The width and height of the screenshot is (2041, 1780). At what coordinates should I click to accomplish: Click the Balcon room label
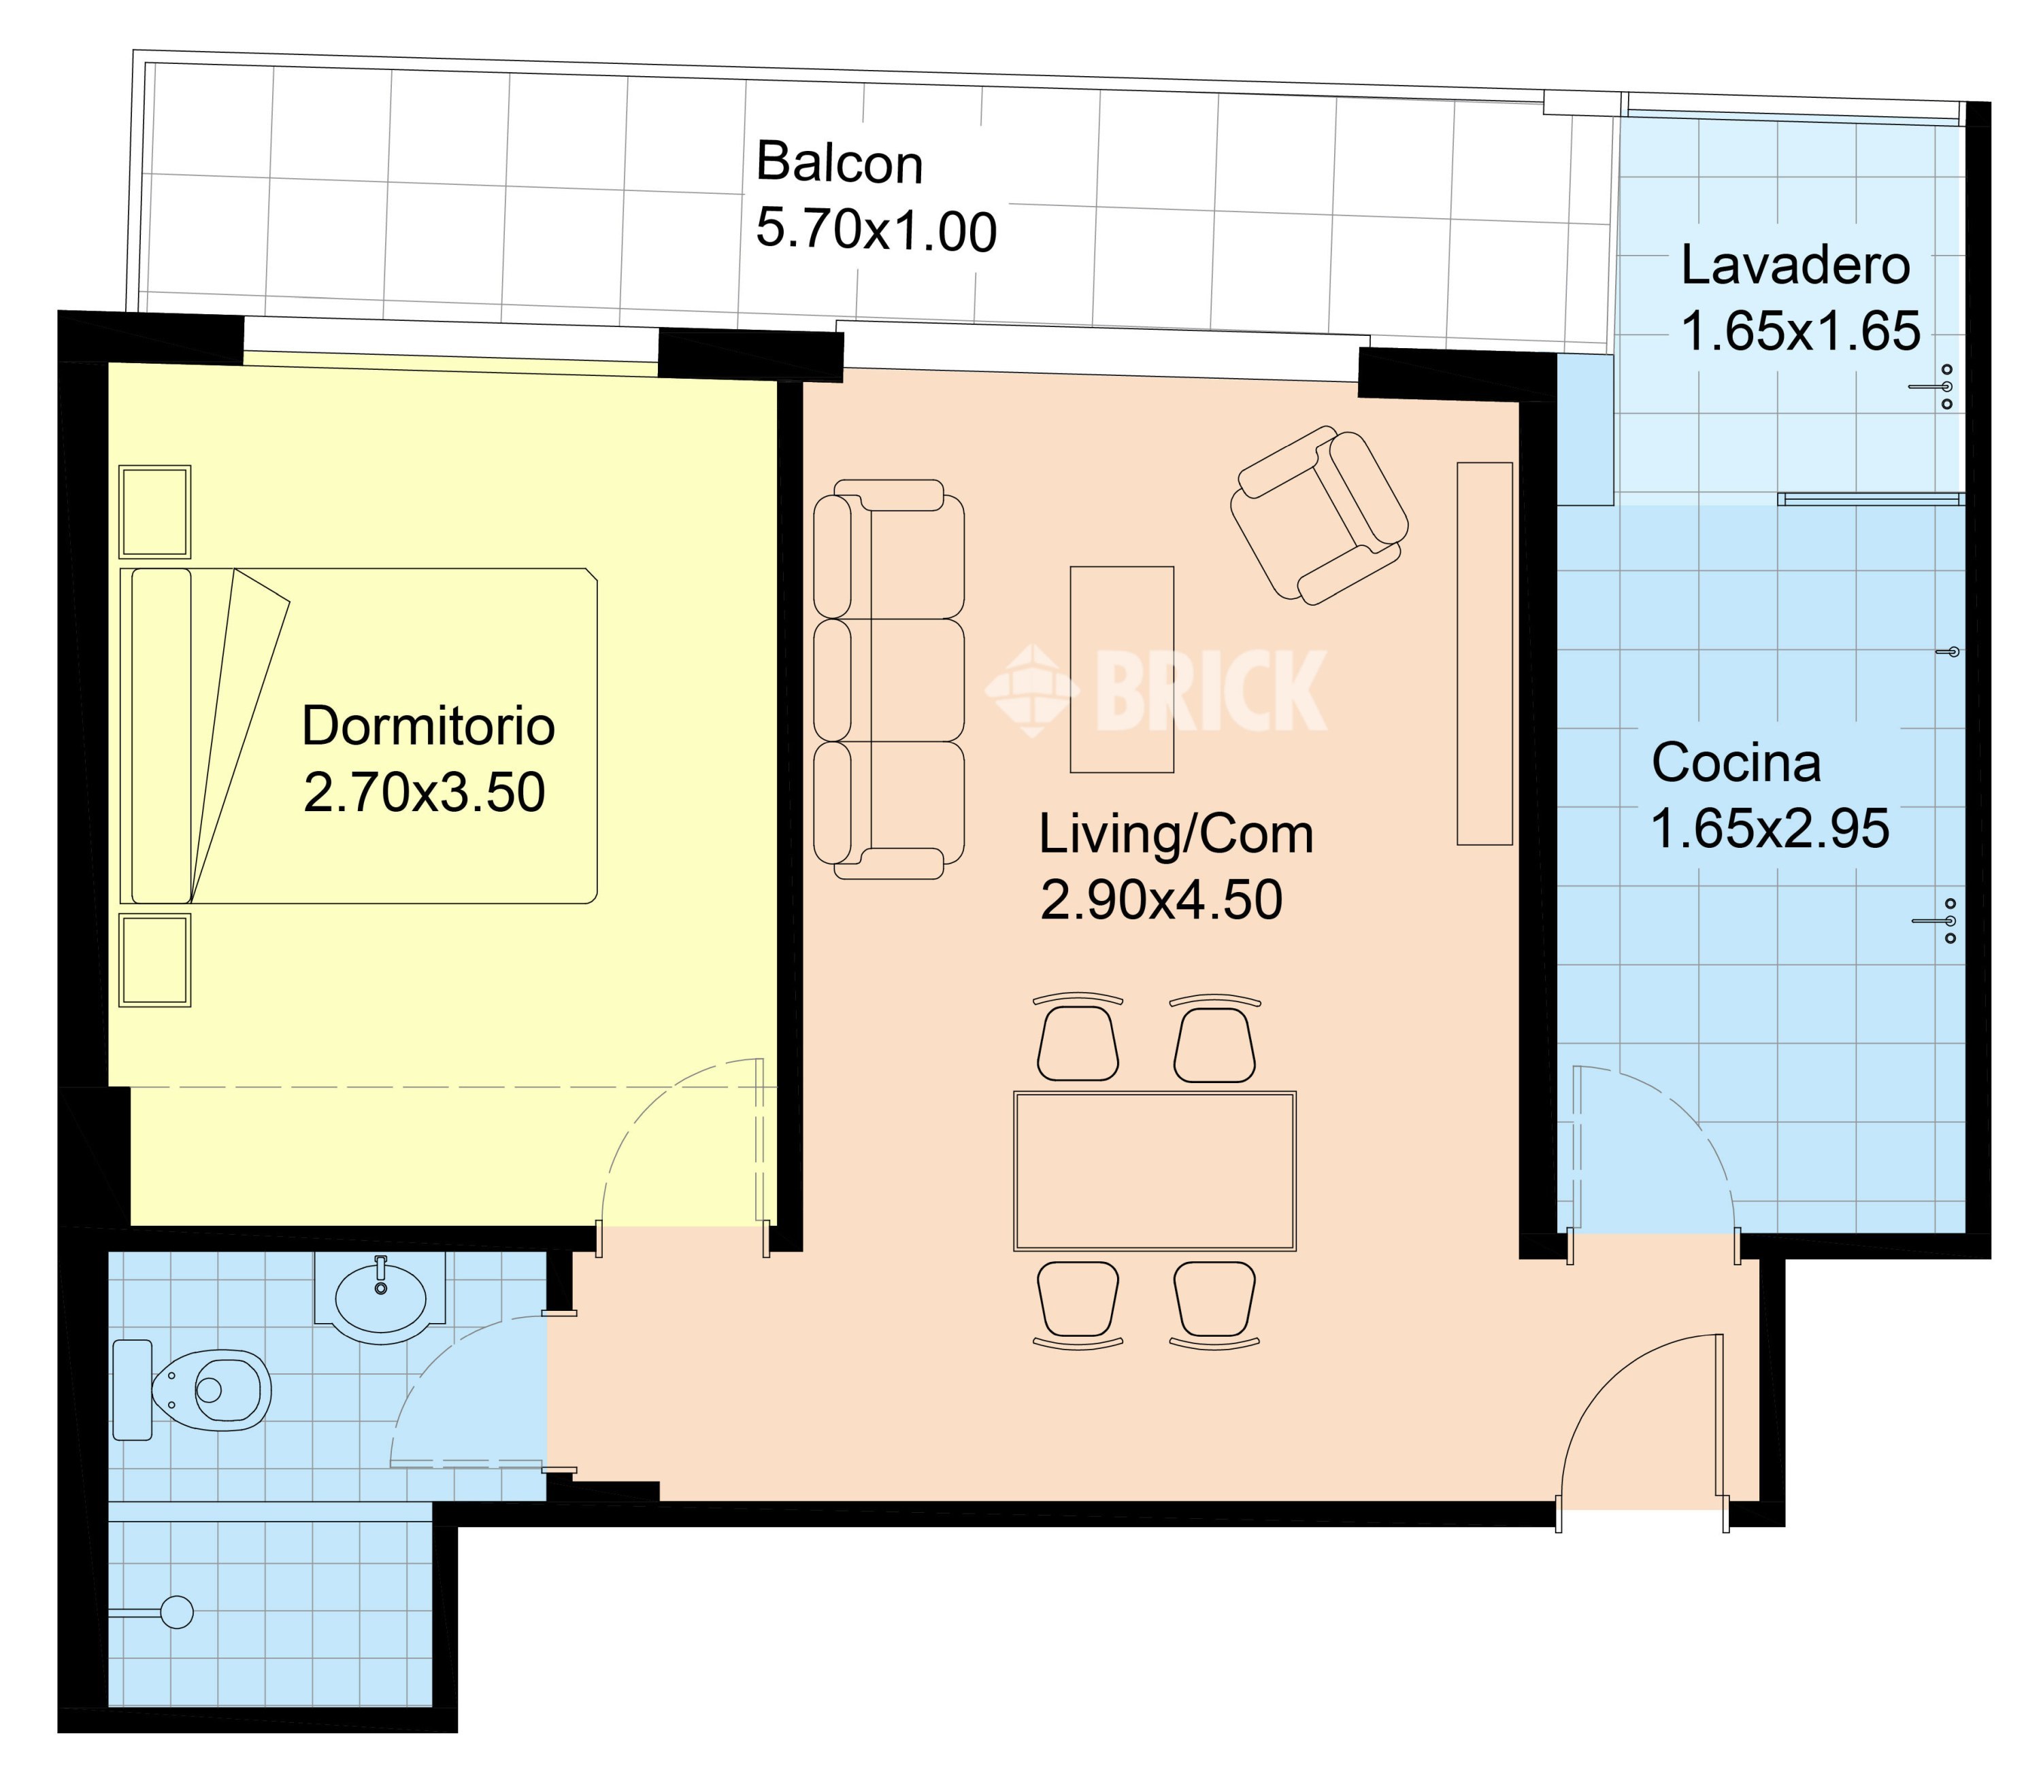coord(840,163)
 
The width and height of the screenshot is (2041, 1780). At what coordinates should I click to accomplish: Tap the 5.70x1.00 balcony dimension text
coord(876,230)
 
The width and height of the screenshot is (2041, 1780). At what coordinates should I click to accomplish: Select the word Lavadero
coord(1795,267)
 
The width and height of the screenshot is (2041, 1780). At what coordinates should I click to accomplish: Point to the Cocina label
coord(1736,763)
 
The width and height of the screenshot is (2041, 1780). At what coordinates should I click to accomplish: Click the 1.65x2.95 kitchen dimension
coord(1770,828)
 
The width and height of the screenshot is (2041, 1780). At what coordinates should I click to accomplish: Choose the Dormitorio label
coord(429,726)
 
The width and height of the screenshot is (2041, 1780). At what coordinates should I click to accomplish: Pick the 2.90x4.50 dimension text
coord(1161,900)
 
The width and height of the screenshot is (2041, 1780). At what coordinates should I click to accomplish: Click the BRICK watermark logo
coord(1157,689)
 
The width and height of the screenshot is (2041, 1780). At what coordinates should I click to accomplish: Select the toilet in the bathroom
coord(192,1390)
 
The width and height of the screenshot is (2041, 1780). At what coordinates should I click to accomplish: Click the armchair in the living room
coord(1318,515)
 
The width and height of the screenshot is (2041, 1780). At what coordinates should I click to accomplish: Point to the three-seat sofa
coord(889,679)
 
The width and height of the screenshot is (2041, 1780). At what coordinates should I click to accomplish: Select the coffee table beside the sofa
coord(1122,670)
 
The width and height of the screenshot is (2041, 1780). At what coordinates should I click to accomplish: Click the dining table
coord(1155,1171)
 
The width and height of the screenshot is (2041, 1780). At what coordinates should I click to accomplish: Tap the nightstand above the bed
coord(155,511)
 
